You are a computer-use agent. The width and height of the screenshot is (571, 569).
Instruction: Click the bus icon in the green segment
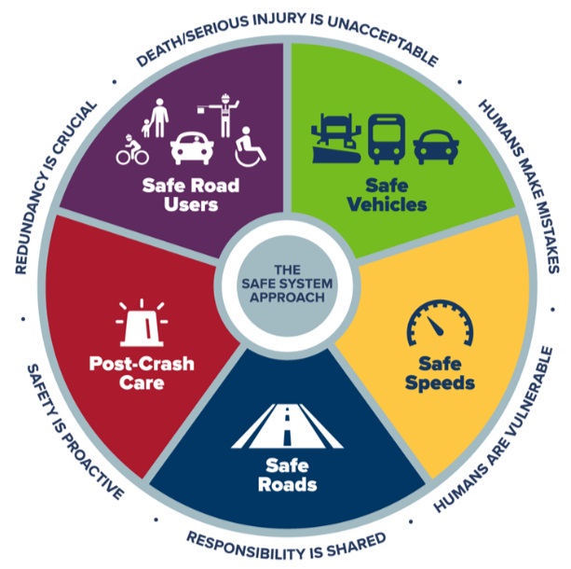(x=385, y=139)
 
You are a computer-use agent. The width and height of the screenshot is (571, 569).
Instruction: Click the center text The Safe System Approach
(x=285, y=281)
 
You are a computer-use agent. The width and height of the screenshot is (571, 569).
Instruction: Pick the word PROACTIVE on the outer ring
(x=85, y=463)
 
